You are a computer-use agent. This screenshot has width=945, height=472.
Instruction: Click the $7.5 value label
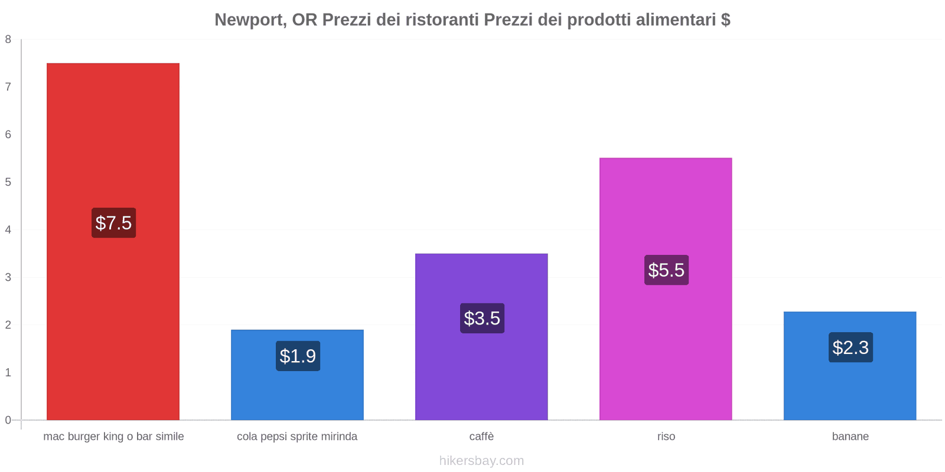click(113, 223)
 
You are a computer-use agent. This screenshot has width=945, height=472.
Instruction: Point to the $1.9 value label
click(298, 356)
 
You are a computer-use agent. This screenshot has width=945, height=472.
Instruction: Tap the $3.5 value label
click(482, 318)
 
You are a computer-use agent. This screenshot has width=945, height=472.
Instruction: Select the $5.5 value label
click(666, 270)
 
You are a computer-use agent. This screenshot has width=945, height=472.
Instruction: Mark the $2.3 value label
click(850, 348)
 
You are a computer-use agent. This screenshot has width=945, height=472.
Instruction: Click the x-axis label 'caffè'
click(481, 437)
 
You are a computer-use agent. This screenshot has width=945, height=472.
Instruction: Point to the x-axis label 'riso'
click(666, 437)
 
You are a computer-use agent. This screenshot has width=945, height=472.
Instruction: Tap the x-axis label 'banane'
click(850, 437)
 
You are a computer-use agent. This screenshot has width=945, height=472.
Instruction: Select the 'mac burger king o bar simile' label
click(113, 437)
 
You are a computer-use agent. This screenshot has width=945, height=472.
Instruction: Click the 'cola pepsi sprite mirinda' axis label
click(297, 437)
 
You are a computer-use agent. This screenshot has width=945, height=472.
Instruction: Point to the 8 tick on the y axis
click(8, 40)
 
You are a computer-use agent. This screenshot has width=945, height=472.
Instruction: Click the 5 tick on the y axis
click(8, 182)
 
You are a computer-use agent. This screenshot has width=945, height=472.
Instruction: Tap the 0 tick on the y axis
click(8, 420)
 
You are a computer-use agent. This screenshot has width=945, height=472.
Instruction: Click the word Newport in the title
click(248, 20)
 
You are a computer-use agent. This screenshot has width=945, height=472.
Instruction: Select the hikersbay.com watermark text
click(481, 461)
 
